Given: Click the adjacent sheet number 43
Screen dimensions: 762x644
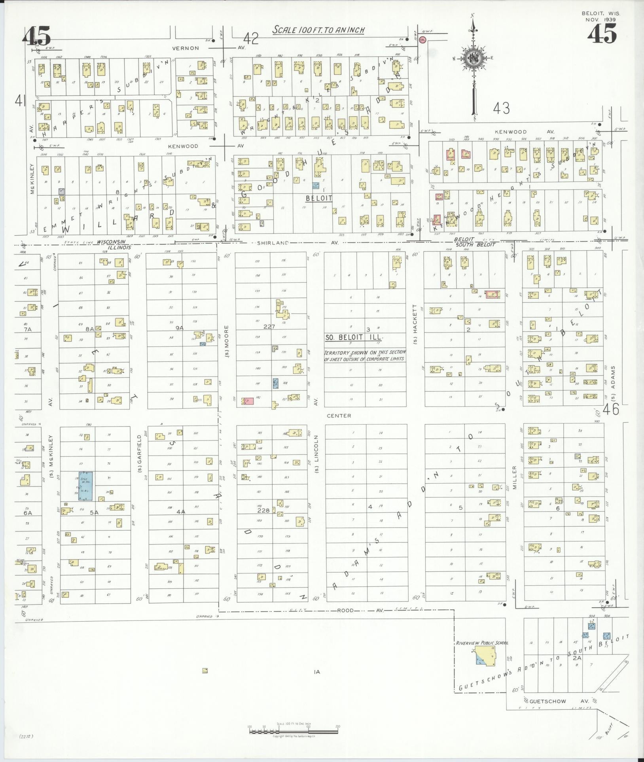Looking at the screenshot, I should coord(502,108).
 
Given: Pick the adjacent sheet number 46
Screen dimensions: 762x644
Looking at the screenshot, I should coord(611,409).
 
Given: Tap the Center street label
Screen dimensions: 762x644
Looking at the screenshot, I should coord(339,416).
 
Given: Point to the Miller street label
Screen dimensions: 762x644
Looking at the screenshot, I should coord(515,478).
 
